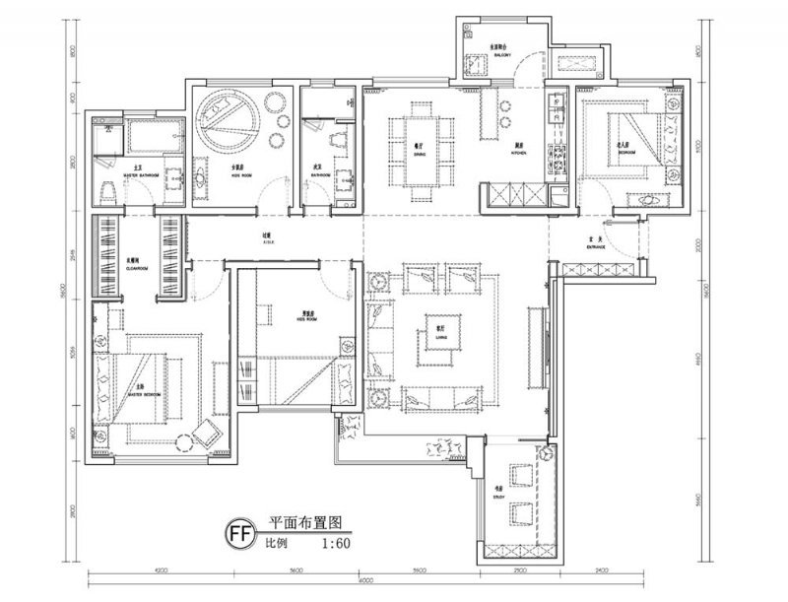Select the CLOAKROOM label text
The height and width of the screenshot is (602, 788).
pyautogui.click(x=137, y=265)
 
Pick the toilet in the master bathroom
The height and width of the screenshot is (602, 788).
pyautogui.click(x=106, y=190)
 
